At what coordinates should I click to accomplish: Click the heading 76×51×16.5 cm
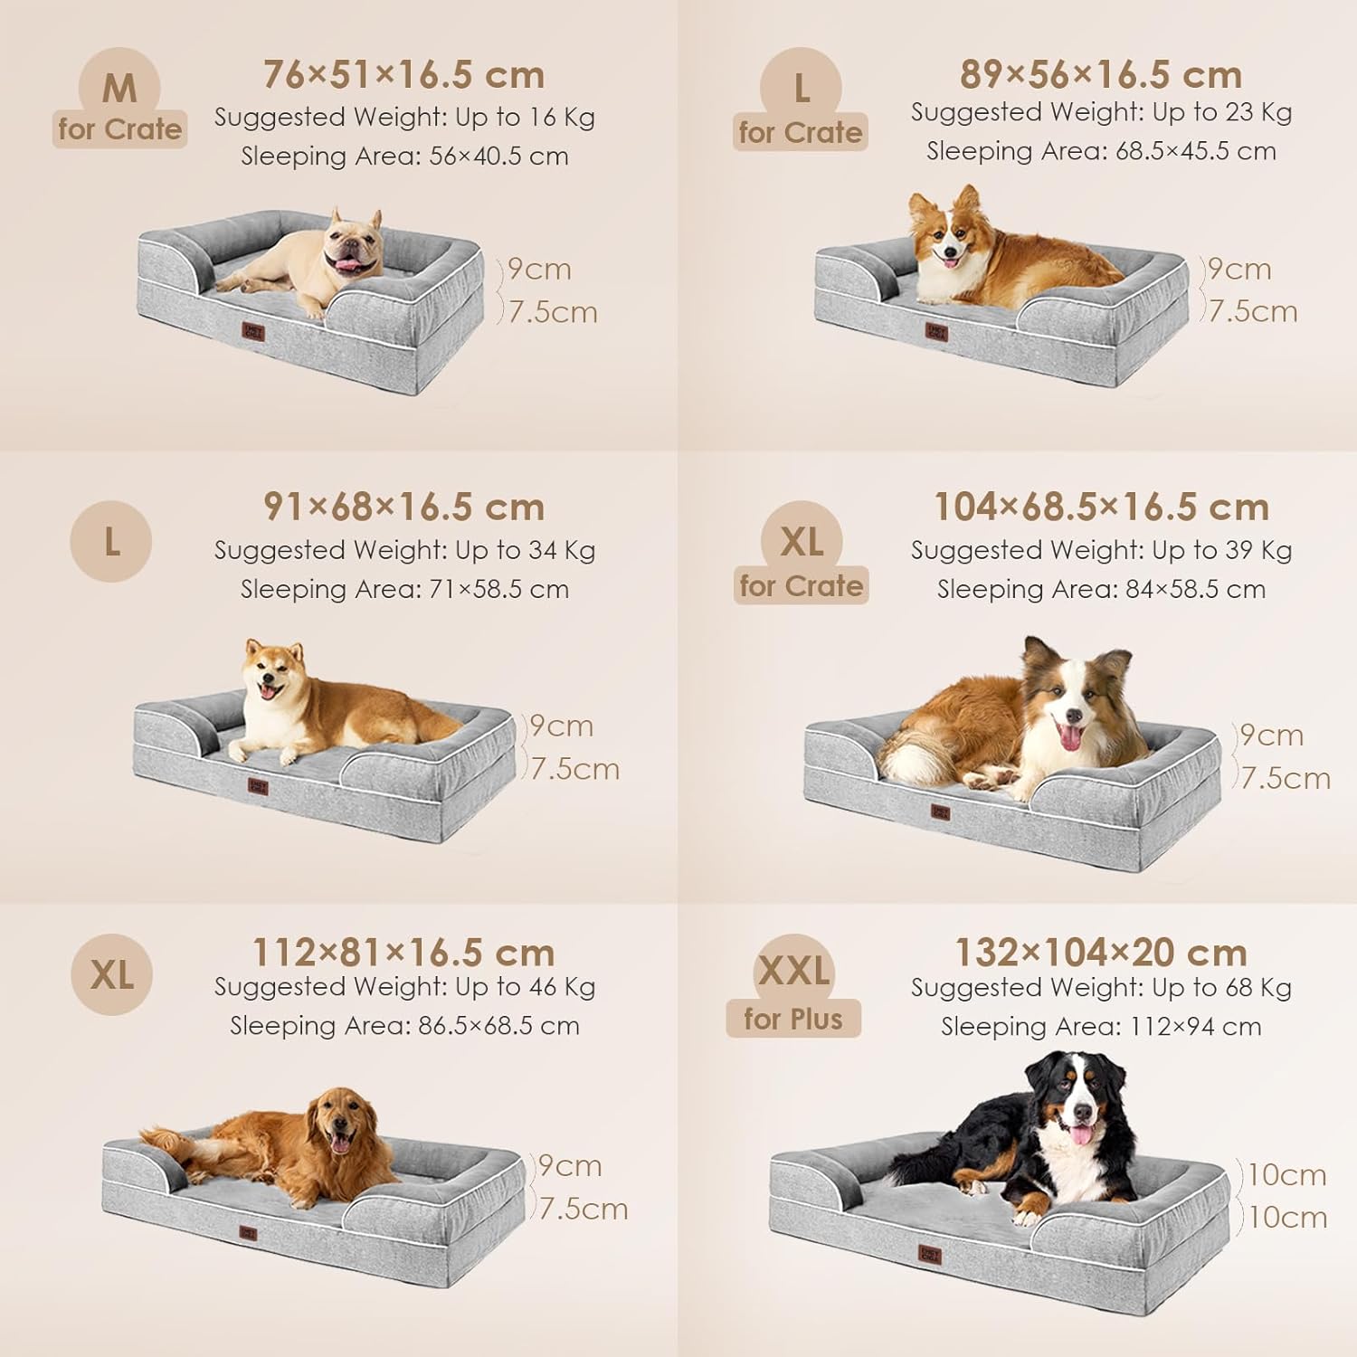click(404, 75)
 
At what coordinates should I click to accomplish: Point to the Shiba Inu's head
click(272, 670)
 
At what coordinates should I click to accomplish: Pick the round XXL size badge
click(794, 971)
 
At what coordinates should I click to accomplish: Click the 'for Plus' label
click(793, 1019)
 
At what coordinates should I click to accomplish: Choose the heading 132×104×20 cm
click(1101, 952)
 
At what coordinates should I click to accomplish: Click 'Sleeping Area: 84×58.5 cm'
click(1101, 589)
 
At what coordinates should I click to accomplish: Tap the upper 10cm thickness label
click(1287, 1174)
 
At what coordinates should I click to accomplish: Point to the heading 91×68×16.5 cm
click(404, 508)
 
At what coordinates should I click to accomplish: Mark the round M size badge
click(119, 88)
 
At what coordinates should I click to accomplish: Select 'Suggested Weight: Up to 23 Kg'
click(1101, 112)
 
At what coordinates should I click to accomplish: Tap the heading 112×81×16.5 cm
click(403, 953)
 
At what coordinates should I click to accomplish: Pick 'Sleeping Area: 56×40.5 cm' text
click(404, 157)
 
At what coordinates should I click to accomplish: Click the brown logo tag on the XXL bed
click(929, 1257)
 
